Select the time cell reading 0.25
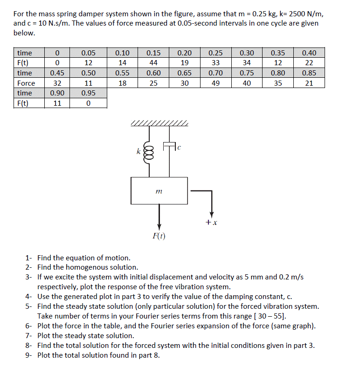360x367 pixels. click(x=215, y=53)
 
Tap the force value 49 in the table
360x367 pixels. click(x=215, y=83)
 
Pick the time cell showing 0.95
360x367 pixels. click(x=88, y=93)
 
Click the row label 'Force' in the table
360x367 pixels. click(x=26, y=83)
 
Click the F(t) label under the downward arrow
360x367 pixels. click(x=159, y=236)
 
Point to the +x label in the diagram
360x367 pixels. click(x=212, y=223)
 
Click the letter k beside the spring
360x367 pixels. click(x=138, y=151)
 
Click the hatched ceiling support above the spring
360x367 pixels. click(x=159, y=124)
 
